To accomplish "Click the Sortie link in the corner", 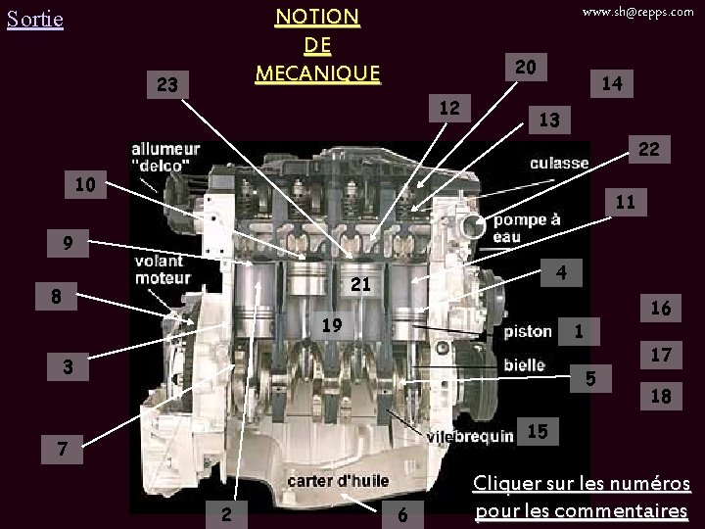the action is (x=34, y=20).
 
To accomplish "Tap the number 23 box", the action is (x=167, y=85).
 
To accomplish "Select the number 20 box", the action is (x=525, y=66).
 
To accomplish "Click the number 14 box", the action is (x=612, y=85).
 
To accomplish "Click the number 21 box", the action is (x=361, y=285).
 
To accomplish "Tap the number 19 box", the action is (x=333, y=325).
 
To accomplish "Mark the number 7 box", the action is (x=62, y=450).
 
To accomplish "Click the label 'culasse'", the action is (x=559, y=163).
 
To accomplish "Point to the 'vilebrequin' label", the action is (x=470, y=436).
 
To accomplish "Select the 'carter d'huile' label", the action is (x=338, y=481).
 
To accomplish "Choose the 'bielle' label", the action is (x=524, y=364).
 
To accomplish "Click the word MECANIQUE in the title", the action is (x=316, y=72).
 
